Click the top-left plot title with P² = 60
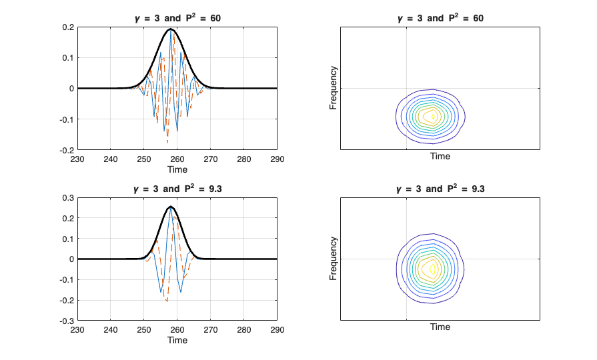tap(177, 18)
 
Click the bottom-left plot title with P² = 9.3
tap(177, 189)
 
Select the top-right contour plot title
tap(440, 18)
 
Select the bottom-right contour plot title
tap(440, 189)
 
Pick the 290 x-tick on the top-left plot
tap(277, 159)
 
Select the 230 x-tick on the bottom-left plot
tap(77, 330)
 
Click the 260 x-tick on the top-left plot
tap(177, 159)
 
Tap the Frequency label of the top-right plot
tap(334, 88)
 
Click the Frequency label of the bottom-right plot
tap(334, 259)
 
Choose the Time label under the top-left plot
tap(177, 169)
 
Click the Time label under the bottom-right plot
tap(440, 327)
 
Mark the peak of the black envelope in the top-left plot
tap(171, 29)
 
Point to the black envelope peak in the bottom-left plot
tap(171, 207)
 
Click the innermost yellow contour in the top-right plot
tap(434, 116)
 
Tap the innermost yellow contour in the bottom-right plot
tap(433, 269)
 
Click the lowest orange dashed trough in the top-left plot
tap(167, 141)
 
